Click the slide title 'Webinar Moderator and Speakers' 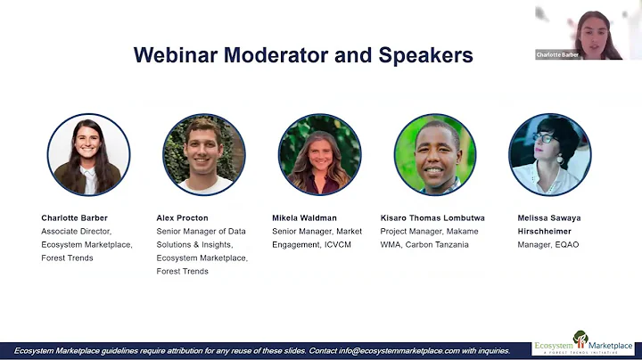coord(303,55)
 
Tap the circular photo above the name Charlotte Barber coord(88,154)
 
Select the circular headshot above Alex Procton coord(204,154)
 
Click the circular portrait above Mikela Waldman coord(319,154)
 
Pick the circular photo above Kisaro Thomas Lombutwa coord(435,154)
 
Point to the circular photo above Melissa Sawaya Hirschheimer coord(550,154)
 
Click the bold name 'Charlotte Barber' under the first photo coord(75,217)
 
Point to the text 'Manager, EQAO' coord(547,244)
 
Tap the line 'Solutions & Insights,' coord(194,244)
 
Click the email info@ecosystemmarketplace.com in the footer coord(374,350)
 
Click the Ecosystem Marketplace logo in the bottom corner coord(584,344)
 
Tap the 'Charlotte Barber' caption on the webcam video coord(557,54)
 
